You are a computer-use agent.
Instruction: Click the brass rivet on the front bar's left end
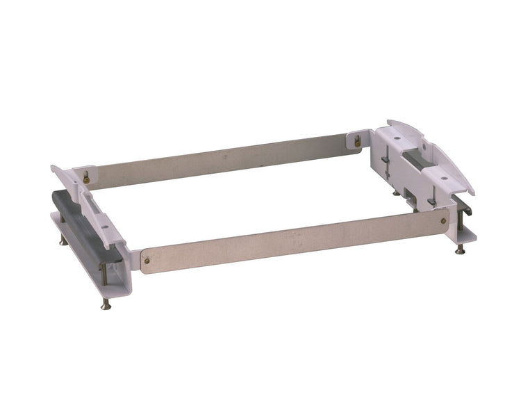click(x=147, y=261)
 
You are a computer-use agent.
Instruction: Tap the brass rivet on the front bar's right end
click(x=443, y=222)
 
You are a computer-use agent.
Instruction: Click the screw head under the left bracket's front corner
click(x=106, y=304)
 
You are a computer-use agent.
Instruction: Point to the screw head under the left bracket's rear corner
click(x=64, y=241)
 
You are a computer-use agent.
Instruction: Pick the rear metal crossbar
click(x=222, y=161)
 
